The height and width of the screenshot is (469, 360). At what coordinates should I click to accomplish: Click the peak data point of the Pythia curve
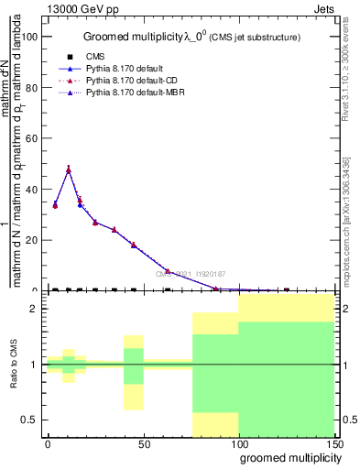pos(69,169)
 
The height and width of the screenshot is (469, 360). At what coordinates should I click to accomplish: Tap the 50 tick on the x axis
pos(144,444)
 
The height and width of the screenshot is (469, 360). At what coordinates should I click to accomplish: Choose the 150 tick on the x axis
pos(334,444)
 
